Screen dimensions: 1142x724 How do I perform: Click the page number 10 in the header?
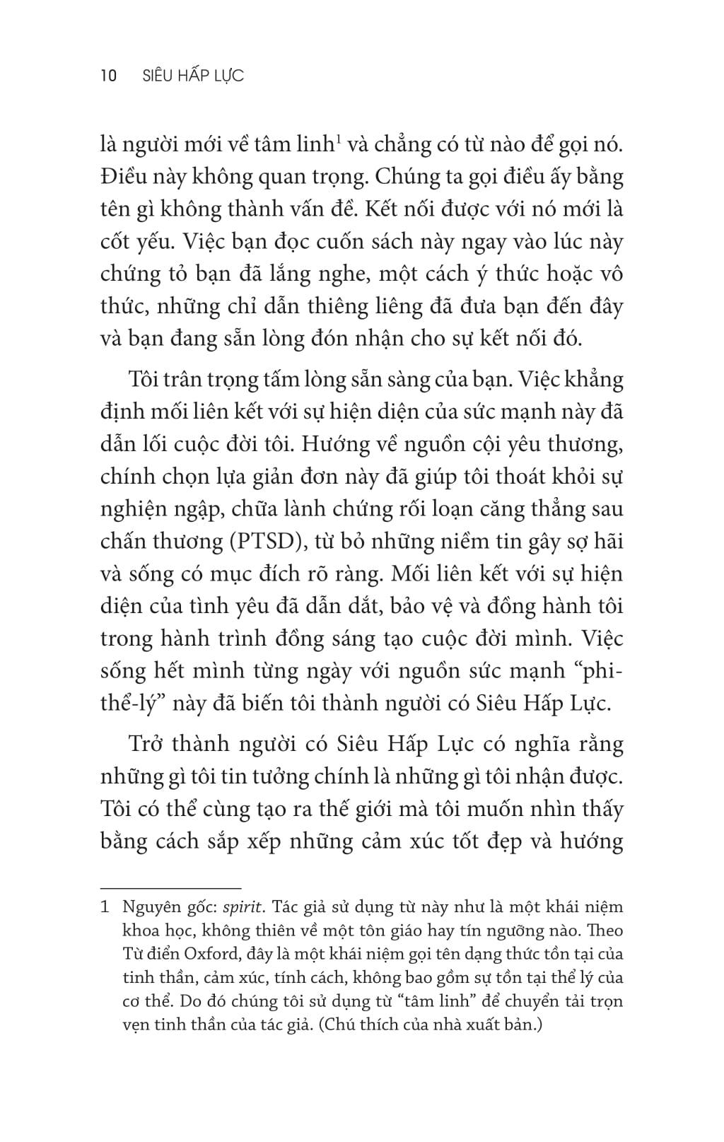(x=109, y=76)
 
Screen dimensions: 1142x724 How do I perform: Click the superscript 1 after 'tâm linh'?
(x=339, y=140)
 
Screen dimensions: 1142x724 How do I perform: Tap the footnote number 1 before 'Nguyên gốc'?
(x=105, y=907)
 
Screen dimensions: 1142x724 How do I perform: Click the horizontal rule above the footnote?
(x=171, y=887)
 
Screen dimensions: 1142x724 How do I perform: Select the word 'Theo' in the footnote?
(x=605, y=930)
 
